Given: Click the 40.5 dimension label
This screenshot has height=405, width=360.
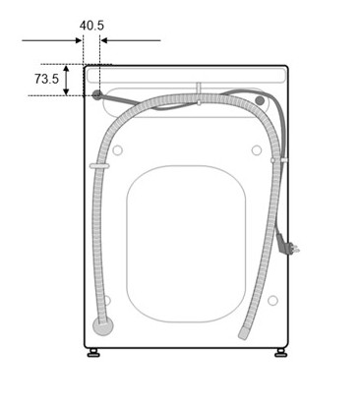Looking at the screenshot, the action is [x=91, y=26].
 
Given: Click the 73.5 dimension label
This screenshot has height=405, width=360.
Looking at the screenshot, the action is [x=46, y=79].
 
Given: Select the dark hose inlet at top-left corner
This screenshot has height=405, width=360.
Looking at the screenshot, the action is [x=96, y=95].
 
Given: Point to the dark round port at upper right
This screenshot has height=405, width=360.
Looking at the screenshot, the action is [x=260, y=100].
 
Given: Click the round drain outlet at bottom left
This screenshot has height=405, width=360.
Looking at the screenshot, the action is [x=102, y=326].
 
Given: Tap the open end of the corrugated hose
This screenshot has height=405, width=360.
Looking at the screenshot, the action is [x=243, y=334].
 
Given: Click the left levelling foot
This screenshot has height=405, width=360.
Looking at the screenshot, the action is [x=93, y=353].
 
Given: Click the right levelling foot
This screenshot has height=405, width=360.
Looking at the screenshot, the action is [x=280, y=353].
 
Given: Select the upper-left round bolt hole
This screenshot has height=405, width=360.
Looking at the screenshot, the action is [x=117, y=150].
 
